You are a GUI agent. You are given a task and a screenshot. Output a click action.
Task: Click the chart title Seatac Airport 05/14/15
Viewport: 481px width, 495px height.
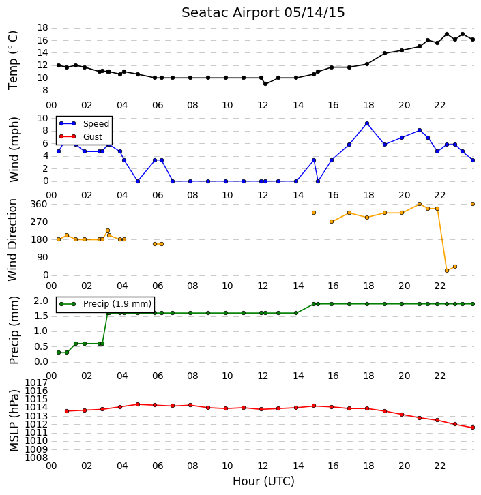(263, 13)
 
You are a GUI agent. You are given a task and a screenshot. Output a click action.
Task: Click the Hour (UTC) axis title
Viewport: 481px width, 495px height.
(263, 481)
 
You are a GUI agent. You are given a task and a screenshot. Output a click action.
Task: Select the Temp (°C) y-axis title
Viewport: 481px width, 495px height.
(13, 60)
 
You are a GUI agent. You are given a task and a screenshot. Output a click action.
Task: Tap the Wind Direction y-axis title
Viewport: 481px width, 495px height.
(13, 239)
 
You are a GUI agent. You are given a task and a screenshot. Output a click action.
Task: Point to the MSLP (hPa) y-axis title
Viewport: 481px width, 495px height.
(14, 420)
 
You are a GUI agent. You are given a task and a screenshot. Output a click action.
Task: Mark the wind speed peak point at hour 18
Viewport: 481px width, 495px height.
(367, 124)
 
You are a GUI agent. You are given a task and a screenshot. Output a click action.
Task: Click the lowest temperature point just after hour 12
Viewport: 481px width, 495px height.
(265, 84)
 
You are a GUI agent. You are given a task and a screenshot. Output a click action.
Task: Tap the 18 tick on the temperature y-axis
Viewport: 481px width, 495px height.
(42, 28)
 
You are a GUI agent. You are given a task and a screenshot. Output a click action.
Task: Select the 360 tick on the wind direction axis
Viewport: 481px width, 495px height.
(39, 204)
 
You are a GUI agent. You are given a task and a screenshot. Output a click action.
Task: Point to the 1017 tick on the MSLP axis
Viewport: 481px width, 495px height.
(36, 383)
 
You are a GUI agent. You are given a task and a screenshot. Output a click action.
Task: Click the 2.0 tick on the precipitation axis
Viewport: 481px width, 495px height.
(41, 301)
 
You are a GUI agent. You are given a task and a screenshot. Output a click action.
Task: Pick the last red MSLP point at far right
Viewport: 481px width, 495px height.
(473, 427)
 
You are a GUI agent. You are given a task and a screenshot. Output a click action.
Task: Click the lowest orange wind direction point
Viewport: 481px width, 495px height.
(447, 271)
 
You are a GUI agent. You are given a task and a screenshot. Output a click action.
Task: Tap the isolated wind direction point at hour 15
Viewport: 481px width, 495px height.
(314, 213)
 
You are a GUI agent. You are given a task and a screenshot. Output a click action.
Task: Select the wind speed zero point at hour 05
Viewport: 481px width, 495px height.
(138, 181)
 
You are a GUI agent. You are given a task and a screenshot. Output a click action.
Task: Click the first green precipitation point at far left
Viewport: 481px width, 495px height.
(59, 352)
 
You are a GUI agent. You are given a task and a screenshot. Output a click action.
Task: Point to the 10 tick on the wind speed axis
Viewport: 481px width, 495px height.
(42, 119)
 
